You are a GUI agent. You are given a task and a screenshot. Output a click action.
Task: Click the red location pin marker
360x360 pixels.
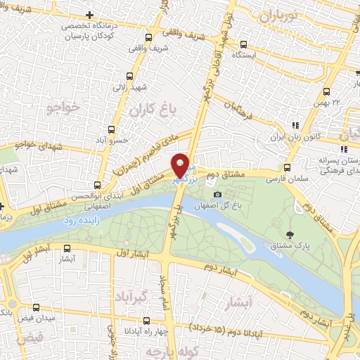click(x=181, y=165)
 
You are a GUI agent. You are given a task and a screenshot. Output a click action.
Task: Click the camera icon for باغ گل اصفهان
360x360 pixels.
click(x=218, y=194)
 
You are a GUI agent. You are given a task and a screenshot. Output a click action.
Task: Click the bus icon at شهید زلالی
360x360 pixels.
click(x=129, y=77)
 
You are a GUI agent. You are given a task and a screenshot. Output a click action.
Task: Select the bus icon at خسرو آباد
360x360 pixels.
click(x=110, y=129)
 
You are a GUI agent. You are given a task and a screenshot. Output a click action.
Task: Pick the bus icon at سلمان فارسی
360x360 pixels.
click(x=286, y=168)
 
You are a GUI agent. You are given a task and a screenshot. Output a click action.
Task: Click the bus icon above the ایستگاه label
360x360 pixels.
click(x=243, y=43)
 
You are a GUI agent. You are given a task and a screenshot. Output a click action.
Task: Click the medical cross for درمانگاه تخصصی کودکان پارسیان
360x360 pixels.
click(x=89, y=15)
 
